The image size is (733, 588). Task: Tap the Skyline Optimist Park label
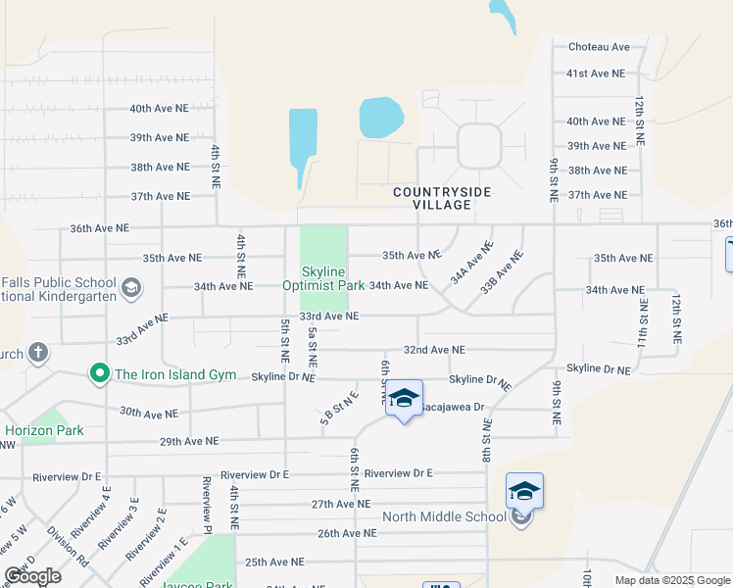point(323,278)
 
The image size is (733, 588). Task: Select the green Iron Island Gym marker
point(98,373)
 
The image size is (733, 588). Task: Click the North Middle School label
point(443,517)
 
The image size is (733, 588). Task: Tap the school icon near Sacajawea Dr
point(403,399)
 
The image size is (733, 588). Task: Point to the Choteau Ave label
point(599,47)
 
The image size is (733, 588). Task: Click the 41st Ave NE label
point(595,73)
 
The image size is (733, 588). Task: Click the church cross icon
point(37,353)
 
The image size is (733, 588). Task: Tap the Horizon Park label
point(44,430)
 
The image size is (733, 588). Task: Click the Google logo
point(32,576)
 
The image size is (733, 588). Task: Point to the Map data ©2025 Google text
point(672,580)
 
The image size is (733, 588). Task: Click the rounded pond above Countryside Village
point(381,118)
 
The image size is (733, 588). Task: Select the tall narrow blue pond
point(302,145)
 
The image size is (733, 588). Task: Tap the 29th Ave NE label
point(188,442)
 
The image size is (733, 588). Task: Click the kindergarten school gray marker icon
point(130,288)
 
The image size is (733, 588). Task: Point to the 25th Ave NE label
point(274,563)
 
